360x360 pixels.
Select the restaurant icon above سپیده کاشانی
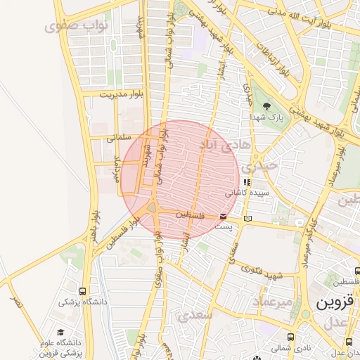[x=246, y=182]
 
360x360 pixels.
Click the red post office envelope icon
[x=223, y=216]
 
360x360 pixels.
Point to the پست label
[x=223, y=227]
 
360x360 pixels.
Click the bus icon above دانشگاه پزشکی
[x=84, y=291]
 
